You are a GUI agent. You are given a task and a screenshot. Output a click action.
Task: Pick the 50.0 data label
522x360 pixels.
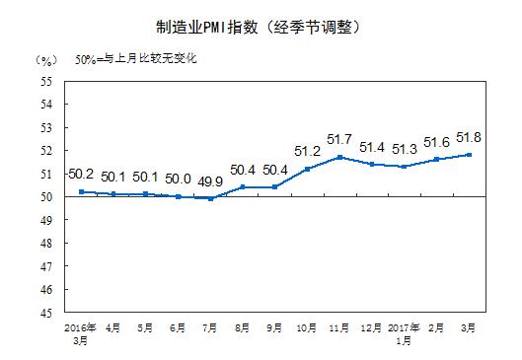pos(179,179)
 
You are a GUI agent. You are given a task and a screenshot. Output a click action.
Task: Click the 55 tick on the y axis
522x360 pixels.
pos(45,81)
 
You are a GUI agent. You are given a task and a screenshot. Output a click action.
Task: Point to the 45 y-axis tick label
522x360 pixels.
pos(45,313)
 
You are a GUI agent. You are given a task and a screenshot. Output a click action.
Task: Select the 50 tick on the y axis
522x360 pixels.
pos(45,197)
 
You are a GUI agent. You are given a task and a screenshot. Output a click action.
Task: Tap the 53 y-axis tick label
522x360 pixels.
pos(45,127)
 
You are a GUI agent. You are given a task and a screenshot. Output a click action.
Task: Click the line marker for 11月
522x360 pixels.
pos(338,157)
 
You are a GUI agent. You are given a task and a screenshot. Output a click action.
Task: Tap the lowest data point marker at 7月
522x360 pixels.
pos(211,198)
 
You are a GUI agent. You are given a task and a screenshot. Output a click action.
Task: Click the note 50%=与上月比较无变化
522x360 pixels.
pos(137,59)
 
